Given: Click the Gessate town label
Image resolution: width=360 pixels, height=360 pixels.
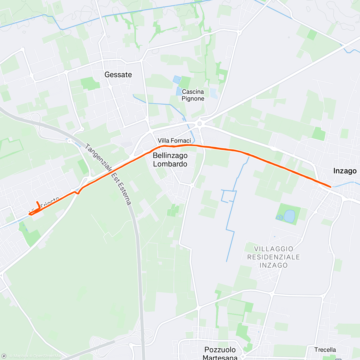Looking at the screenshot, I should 118,75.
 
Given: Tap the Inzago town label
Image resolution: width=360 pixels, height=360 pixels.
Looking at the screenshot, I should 345,171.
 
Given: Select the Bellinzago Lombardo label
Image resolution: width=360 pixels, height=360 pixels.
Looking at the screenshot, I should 170,160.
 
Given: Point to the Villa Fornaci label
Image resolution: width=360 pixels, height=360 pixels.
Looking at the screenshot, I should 174,141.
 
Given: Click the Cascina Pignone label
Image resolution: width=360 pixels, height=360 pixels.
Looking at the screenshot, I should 193,95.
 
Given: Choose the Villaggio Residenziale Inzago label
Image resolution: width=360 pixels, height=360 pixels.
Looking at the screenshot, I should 273,257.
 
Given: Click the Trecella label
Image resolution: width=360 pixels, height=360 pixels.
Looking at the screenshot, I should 325,350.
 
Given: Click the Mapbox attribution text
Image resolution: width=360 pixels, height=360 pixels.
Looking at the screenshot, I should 19,356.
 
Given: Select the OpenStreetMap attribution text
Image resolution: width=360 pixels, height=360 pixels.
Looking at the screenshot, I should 48,356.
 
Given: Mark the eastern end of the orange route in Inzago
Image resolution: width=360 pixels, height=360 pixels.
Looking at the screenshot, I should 331,187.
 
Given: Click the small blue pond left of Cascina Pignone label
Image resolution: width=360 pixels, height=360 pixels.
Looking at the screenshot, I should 177,80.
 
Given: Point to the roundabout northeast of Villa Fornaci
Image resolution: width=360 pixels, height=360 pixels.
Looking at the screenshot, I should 199,124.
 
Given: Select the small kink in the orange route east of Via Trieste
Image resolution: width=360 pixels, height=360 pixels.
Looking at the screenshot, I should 77,192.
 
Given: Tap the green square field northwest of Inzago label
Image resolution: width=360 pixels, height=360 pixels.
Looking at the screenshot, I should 319,134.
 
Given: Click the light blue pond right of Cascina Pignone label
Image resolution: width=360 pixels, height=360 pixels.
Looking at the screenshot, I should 213,93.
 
